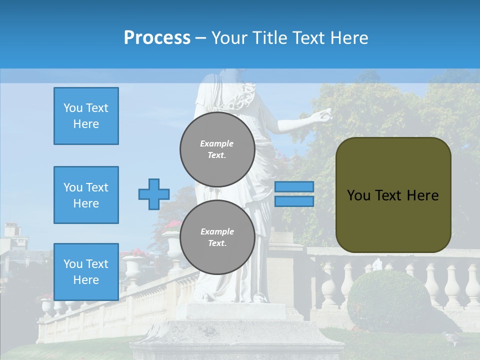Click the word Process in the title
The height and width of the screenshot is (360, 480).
coord(157,37)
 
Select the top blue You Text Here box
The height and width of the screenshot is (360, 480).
coord(86,116)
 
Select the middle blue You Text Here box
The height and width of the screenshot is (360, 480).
coord(86,195)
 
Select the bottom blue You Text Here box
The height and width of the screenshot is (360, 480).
coord(86,271)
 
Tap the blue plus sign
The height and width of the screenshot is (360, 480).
coord(154,194)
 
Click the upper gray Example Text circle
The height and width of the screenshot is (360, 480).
coord(217,149)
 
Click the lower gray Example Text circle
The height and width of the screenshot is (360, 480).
coord(217,237)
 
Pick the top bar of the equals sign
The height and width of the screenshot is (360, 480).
coord(294,186)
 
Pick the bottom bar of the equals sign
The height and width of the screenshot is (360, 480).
coord(294,201)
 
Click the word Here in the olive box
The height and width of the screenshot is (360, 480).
coord(422,195)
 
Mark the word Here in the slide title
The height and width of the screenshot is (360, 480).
coord(349,37)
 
